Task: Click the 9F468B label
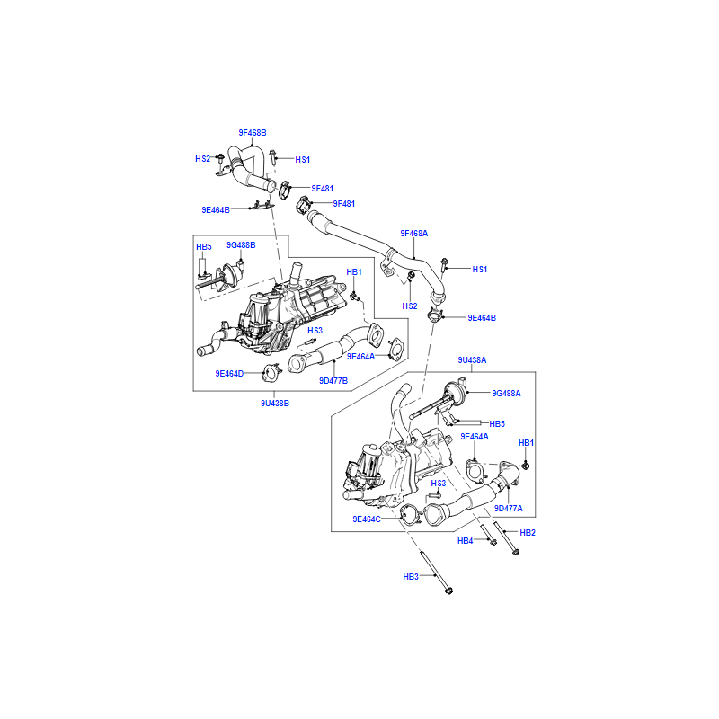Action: click(253, 133)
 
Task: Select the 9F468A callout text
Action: click(414, 234)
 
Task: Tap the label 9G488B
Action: click(241, 245)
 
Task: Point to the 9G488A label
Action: click(506, 394)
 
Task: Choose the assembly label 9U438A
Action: click(473, 360)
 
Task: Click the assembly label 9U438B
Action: click(275, 404)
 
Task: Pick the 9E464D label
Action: click(229, 374)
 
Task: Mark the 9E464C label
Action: click(367, 519)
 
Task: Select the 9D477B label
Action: click(333, 381)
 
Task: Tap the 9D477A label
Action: click(509, 509)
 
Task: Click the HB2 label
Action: click(528, 533)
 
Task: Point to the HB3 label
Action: click(411, 577)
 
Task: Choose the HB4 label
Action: click(465, 541)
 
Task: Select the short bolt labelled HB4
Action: click(488, 535)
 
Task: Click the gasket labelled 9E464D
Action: click(271, 372)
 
